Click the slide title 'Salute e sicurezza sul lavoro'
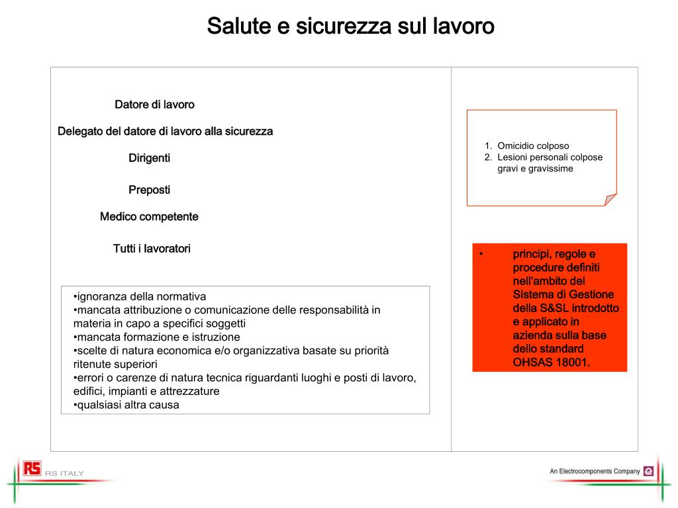coord(350,26)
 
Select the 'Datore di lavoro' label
coord(154,105)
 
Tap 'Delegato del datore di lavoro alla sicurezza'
coord(165,131)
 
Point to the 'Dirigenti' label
coord(149,158)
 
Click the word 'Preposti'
coord(149,190)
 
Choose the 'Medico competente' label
coord(149,216)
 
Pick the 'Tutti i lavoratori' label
coord(152,249)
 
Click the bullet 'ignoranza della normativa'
coord(141,296)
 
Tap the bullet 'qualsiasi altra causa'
coord(128,405)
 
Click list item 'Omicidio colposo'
coord(533,146)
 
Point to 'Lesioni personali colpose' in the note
coord(550,157)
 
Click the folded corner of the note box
coord(610,200)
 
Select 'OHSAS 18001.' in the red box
coord(551,362)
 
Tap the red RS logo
coord(32,468)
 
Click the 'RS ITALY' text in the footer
coord(64,473)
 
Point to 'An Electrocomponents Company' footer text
coord(595,472)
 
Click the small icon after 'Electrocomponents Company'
coord(648,472)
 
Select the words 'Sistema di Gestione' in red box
coord(563,294)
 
